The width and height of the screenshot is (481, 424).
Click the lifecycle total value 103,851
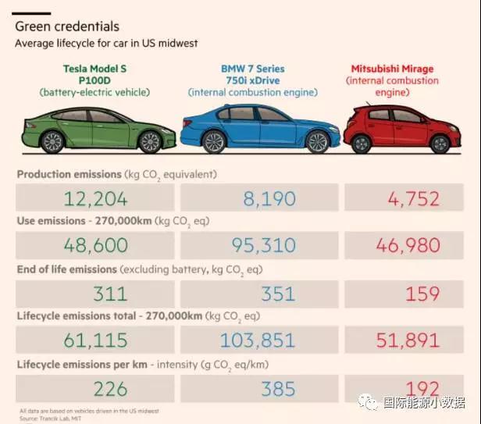(257, 340)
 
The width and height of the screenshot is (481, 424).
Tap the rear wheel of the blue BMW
(212, 142)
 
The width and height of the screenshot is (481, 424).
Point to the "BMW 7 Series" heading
(252, 69)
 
